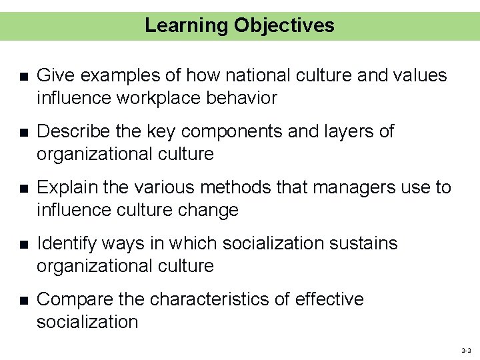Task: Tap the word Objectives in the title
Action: coord(284,25)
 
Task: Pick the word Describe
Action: coord(71,131)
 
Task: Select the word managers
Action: coord(335,187)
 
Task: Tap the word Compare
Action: coord(73,300)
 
